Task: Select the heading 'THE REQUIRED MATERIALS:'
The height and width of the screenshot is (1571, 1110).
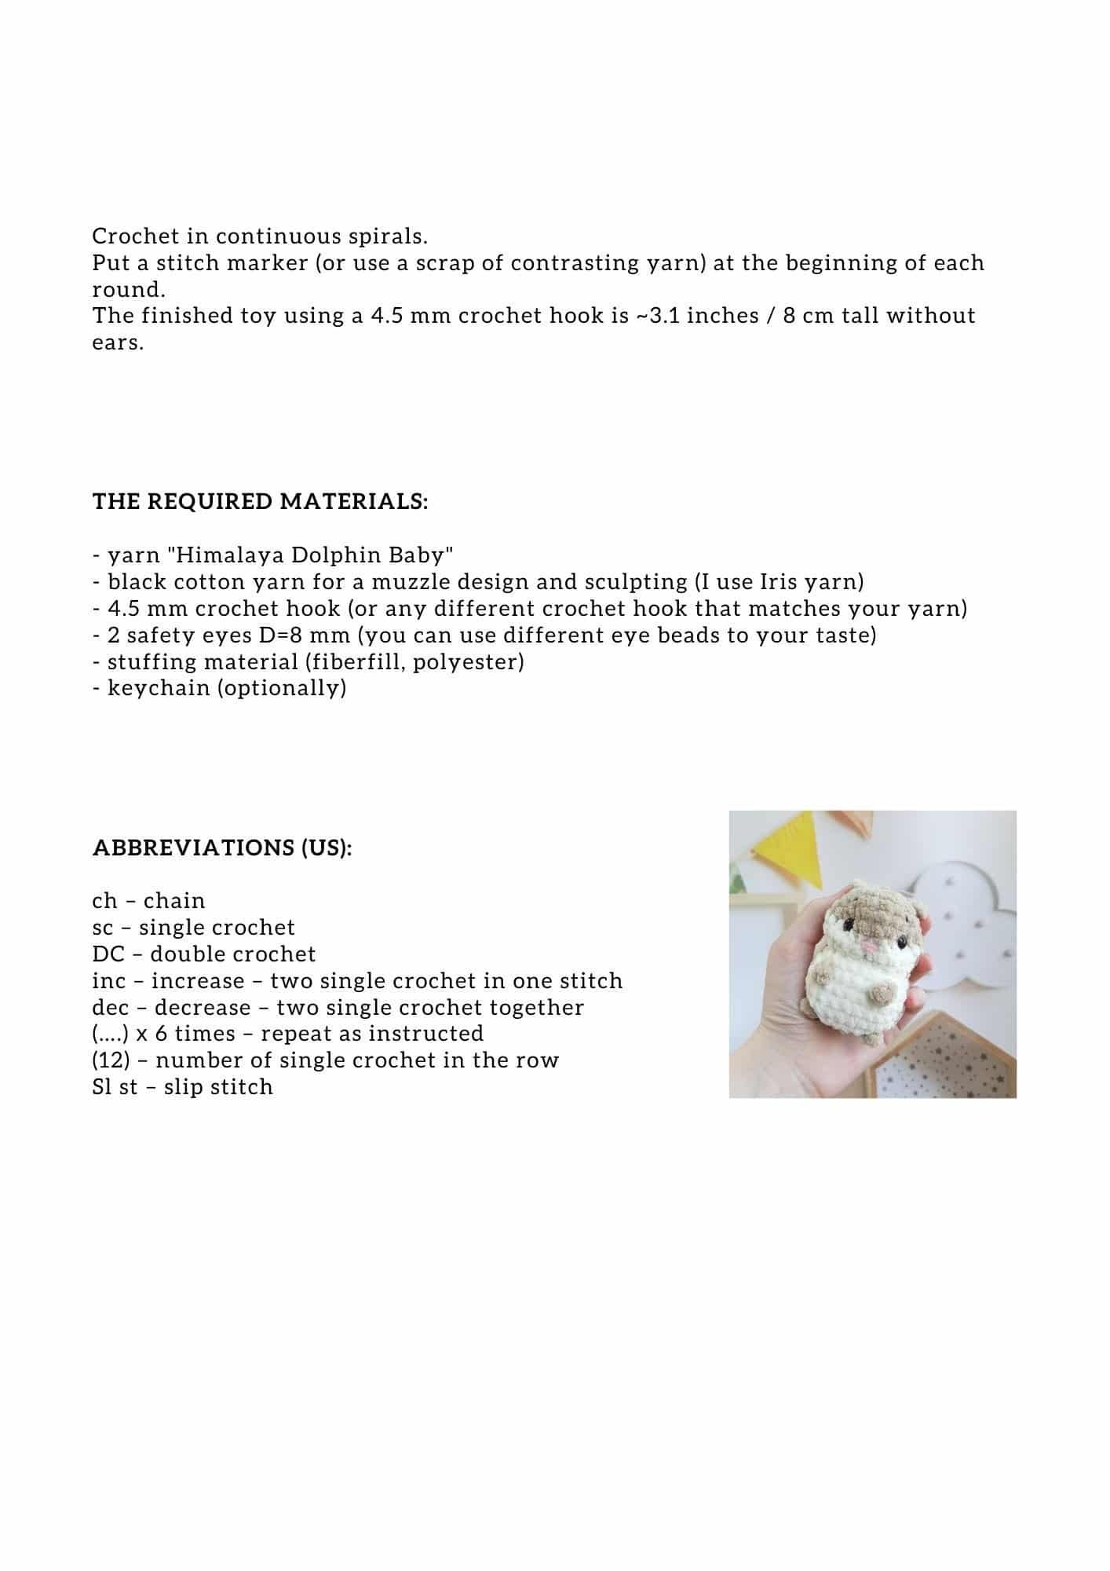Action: [261, 501]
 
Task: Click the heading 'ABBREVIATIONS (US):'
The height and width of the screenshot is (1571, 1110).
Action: [222, 848]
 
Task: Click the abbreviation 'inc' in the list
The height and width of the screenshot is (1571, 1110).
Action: [108, 981]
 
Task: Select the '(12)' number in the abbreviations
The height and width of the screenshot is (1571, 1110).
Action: [111, 1060]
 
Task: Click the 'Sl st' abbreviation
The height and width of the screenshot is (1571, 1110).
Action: [115, 1087]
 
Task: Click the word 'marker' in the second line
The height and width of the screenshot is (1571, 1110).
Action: [267, 263]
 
